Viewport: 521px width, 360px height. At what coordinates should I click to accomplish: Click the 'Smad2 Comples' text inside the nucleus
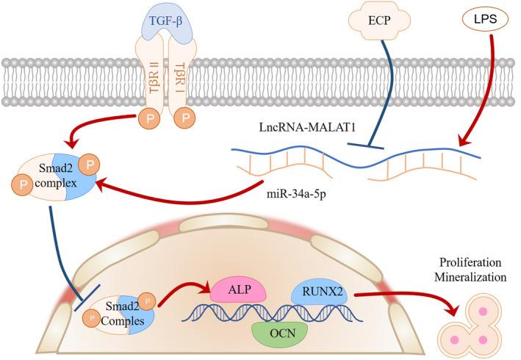127,313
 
